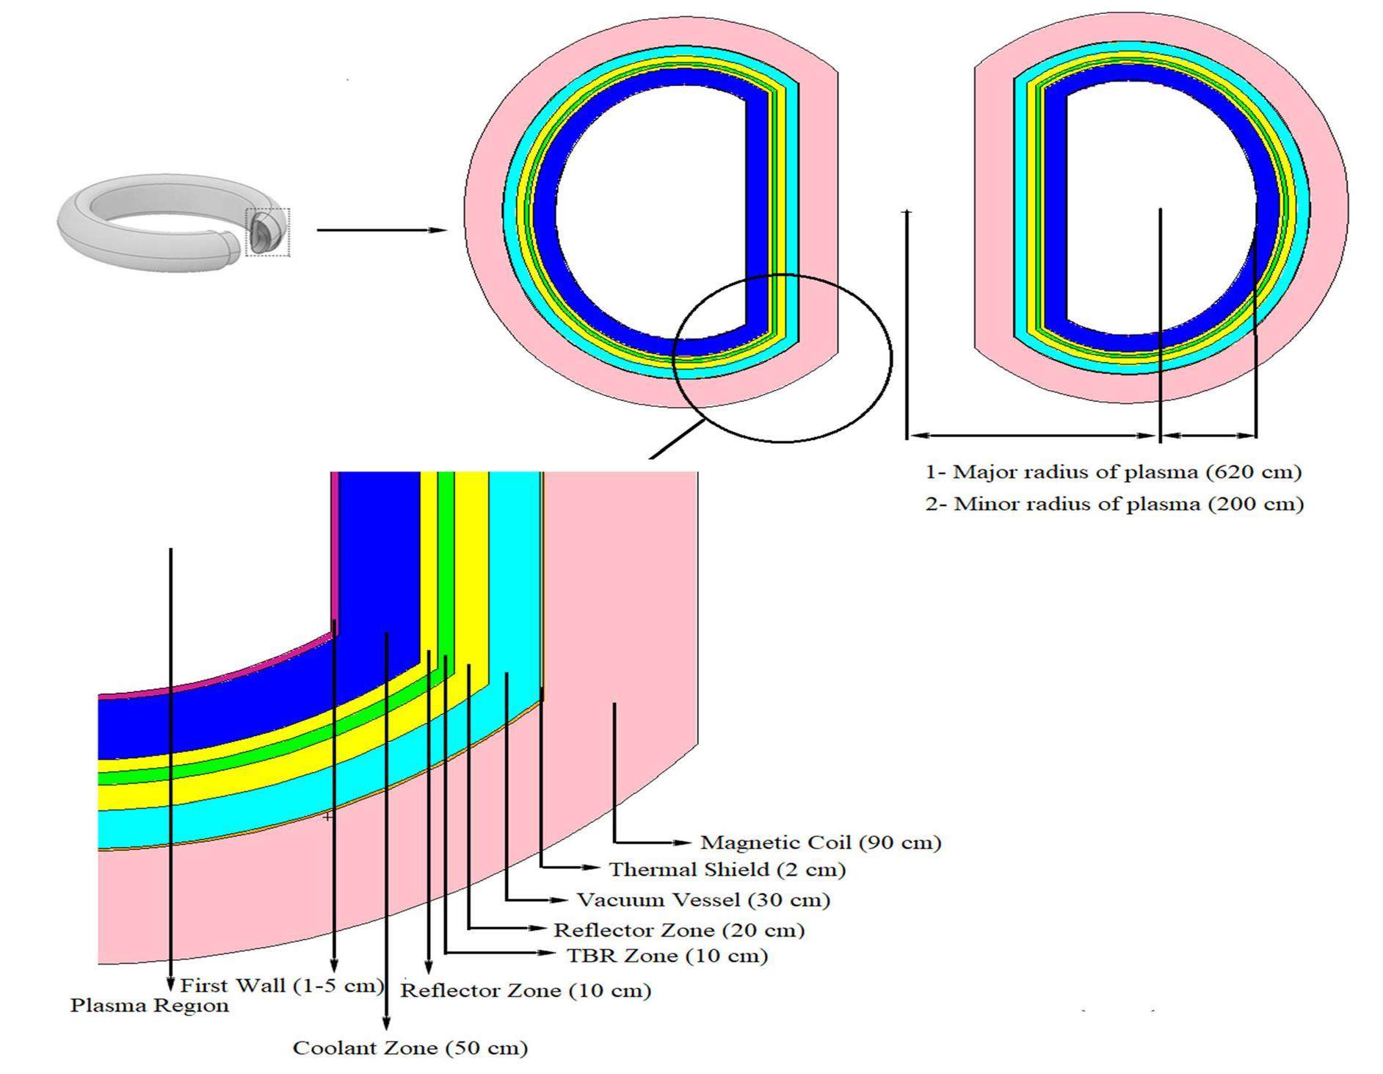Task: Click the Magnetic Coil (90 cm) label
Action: point(820,842)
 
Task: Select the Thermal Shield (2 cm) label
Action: point(727,870)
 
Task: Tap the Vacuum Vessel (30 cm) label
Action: point(703,900)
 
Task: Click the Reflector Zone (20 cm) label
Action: point(678,930)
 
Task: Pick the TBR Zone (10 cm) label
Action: point(667,956)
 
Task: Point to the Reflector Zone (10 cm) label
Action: point(526,990)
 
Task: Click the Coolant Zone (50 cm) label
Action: point(410,1048)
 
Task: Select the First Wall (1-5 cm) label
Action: point(282,986)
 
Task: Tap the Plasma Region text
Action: point(149,1005)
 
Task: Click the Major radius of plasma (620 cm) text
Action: point(1113,472)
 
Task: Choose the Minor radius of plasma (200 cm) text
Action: point(1114,504)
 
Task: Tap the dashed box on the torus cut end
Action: point(267,232)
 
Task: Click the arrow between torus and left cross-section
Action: point(381,230)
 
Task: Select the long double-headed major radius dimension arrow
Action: point(1033,435)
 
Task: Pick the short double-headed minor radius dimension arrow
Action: point(1208,435)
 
